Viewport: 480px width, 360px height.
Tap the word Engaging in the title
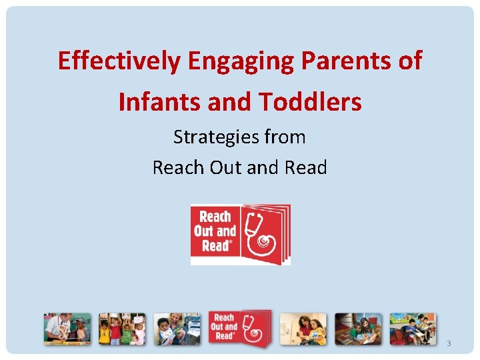[x=241, y=61]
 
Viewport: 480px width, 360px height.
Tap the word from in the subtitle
[x=284, y=137]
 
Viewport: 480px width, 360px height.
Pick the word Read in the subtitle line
[x=306, y=167]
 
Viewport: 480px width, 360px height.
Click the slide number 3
[x=449, y=343]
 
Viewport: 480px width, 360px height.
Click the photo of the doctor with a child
[x=67, y=329]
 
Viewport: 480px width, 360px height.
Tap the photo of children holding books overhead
[x=122, y=329]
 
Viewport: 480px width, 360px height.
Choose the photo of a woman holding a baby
[x=177, y=329]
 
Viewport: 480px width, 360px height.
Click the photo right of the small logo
[x=303, y=329]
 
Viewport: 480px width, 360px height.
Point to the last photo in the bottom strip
[x=413, y=329]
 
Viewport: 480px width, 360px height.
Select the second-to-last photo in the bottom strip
[x=358, y=329]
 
